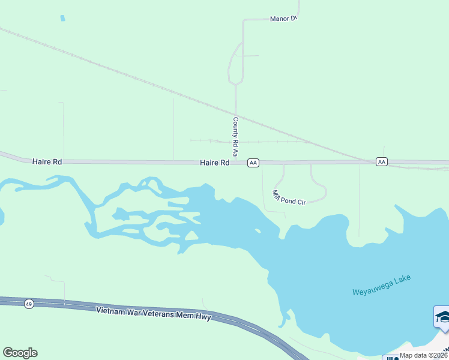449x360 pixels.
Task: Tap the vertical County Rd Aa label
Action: coord(236,133)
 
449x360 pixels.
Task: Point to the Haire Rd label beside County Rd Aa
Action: coord(215,163)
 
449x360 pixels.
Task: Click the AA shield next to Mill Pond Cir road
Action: coord(253,163)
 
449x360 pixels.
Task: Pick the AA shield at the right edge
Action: coord(382,162)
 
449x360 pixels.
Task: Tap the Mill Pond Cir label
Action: coord(289,198)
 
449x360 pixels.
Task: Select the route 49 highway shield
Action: coord(29,305)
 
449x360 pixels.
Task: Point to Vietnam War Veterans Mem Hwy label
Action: coord(154,313)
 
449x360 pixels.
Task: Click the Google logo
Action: coord(20,353)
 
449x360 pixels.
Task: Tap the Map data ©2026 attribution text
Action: coord(424,355)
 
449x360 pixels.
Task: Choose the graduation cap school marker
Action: coord(442,317)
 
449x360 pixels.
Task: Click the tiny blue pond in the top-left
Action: coord(62,18)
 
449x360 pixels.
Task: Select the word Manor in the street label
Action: coord(279,19)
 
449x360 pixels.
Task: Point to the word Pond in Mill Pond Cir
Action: coord(291,199)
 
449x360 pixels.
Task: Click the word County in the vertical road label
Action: coord(236,127)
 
